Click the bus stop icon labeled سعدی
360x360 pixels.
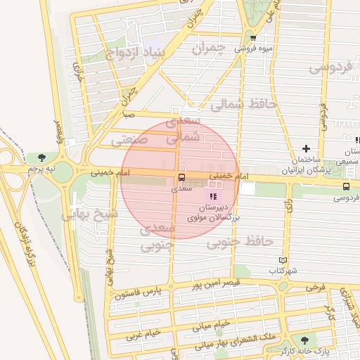point(182,177)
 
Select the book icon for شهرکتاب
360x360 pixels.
point(283,260)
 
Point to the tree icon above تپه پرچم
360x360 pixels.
point(43,157)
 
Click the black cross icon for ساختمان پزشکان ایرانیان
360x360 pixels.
point(305,148)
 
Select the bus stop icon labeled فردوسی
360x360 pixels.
point(346,186)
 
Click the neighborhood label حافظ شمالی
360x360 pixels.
point(245,105)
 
